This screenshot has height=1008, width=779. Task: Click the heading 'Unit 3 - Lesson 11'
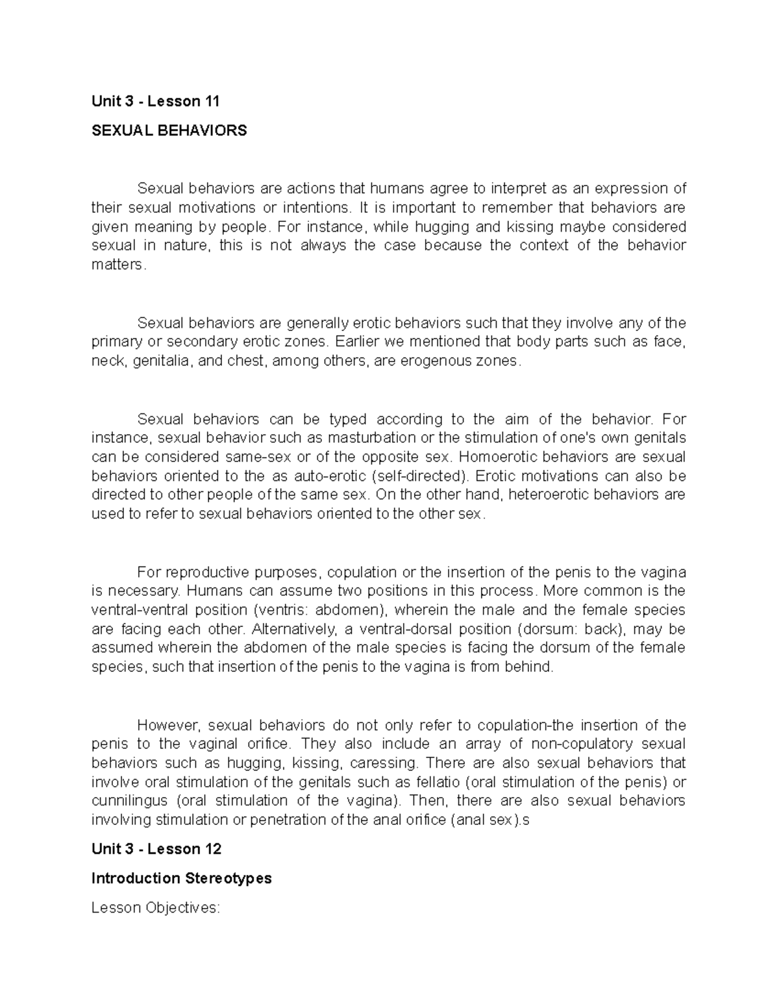[x=156, y=101]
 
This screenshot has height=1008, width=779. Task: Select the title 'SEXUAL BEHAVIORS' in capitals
[x=169, y=130]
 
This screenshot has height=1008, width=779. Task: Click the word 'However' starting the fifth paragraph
[x=162, y=725]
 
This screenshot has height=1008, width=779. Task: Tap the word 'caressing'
[x=388, y=763]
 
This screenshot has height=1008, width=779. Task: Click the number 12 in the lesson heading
[x=212, y=849]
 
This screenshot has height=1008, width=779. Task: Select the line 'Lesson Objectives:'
[x=156, y=907]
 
